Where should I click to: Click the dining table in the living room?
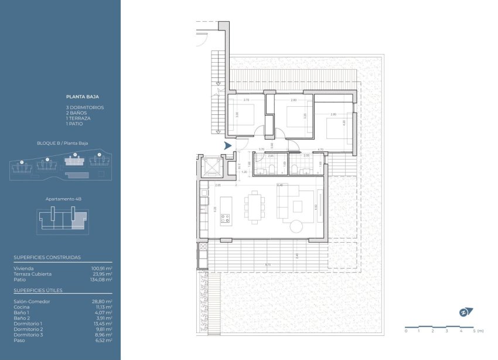[x=255, y=208]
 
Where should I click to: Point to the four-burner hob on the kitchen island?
[x=225, y=219]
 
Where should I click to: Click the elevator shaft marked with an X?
[x=210, y=167]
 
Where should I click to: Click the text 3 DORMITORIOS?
[x=85, y=107]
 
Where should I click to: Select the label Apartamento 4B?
[x=63, y=199]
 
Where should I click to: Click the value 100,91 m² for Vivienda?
[x=101, y=268]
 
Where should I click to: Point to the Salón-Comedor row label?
[x=32, y=301]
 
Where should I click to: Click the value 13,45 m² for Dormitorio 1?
[x=103, y=324]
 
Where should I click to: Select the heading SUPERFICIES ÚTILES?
[x=38, y=290]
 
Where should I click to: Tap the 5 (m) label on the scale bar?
[x=477, y=331]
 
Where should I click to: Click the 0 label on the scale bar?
[x=405, y=331]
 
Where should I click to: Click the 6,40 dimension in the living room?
[x=280, y=185]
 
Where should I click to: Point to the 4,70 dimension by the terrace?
[x=320, y=150]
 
